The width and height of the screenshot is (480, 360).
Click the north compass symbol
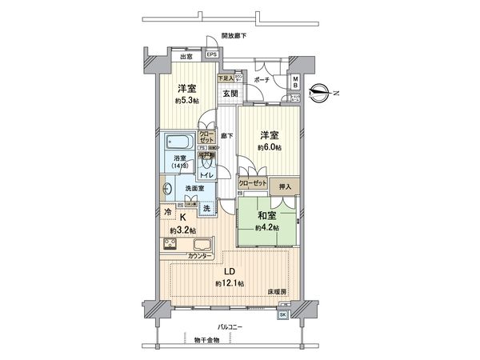point(320,94)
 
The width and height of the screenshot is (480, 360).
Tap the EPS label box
point(211,54)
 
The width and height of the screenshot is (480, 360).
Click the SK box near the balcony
point(282,314)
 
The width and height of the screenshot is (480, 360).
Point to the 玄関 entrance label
point(230,93)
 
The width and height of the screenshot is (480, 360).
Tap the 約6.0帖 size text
point(269,147)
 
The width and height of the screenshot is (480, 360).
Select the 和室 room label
point(266,214)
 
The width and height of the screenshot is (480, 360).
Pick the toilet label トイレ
point(206,174)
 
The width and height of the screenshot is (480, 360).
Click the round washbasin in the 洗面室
point(168,190)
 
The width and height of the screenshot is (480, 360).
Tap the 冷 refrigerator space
point(167,212)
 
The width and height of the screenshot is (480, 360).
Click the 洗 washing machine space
point(206,209)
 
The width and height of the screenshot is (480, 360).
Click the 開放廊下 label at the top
point(234,36)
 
